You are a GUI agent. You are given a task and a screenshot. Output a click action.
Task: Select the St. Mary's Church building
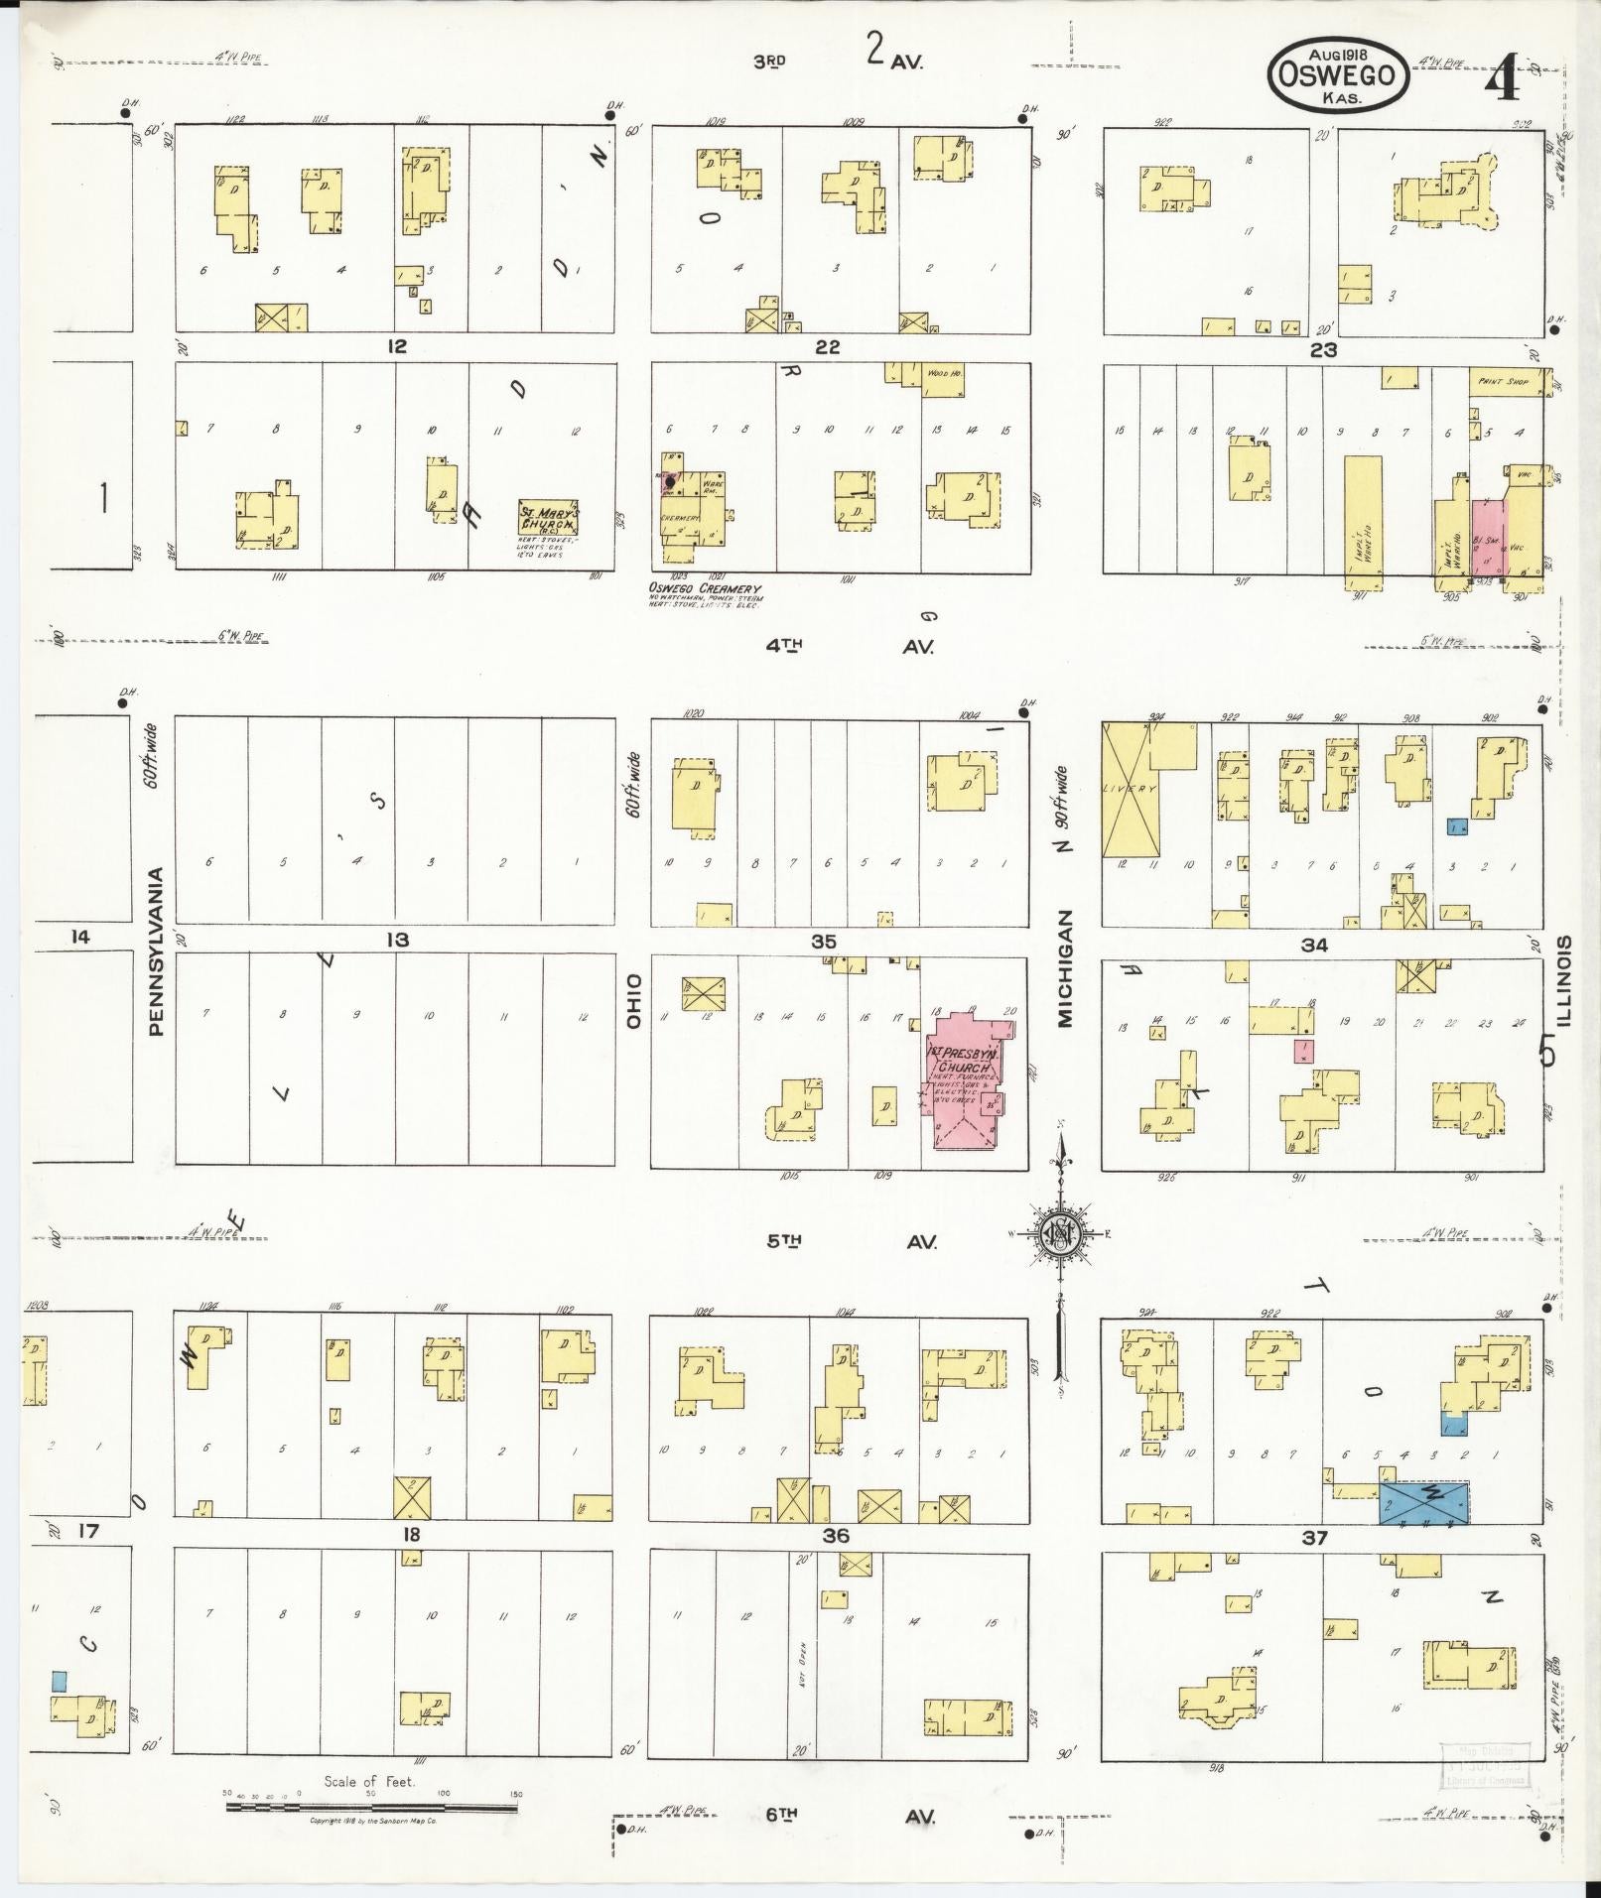click(x=548, y=518)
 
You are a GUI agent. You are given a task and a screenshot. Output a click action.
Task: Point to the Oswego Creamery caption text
click(x=705, y=588)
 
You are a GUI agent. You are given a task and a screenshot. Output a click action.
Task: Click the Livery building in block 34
click(x=1133, y=790)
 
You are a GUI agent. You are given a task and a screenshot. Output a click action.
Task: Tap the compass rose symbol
click(x=1060, y=1233)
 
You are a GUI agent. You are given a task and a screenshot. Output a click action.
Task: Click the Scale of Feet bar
click(x=371, y=1808)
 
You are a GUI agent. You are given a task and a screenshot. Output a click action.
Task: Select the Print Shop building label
click(x=1504, y=382)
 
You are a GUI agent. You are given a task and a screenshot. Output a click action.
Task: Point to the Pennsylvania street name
click(x=156, y=952)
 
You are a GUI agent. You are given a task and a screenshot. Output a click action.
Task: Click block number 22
click(x=827, y=346)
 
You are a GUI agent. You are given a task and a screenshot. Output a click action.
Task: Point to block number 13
click(x=397, y=939)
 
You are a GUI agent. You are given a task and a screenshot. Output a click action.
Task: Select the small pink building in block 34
click(x=1303, y=1051)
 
